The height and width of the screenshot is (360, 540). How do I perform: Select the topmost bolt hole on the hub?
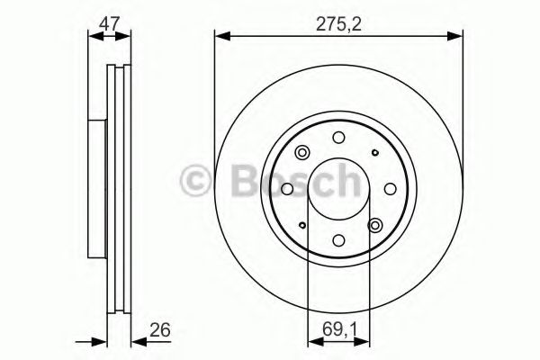(338, 138)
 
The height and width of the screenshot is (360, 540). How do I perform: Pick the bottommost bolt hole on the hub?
(338, 239)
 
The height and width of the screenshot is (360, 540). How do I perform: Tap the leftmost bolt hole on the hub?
(287, 188)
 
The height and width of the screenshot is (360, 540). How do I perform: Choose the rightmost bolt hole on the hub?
(389, 188)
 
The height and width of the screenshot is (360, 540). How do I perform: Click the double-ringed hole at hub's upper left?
(301, 152)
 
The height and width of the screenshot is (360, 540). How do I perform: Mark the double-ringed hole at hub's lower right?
(375, 225)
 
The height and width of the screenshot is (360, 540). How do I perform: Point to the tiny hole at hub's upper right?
(374, 152)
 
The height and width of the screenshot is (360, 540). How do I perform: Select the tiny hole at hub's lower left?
(302, 225)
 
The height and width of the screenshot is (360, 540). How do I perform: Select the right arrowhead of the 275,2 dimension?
(456, 36)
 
